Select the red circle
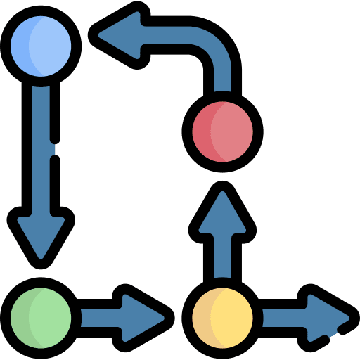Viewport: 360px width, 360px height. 223,130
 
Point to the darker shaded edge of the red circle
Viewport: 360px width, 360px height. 201,130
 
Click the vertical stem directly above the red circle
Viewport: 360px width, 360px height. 223,84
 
